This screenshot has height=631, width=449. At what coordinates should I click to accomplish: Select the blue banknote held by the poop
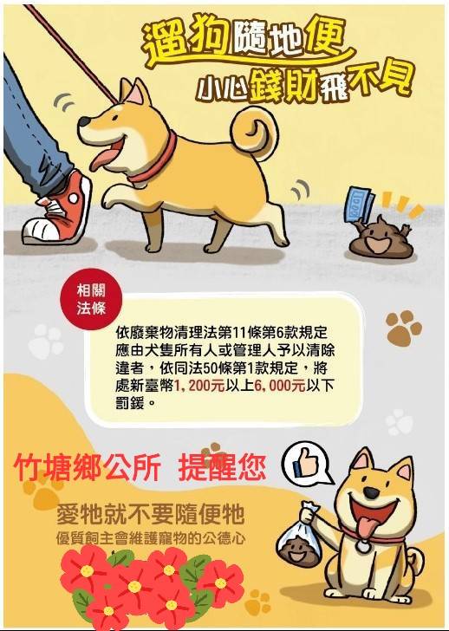(x=359, y=205)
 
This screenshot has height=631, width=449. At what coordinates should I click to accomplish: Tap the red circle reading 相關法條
(x=91, y=299)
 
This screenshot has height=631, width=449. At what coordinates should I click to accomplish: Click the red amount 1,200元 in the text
(x=199, y=386)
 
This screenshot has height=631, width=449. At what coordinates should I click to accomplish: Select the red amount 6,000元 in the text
(x=280, y=386)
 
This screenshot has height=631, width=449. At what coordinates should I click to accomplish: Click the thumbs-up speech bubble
(x=307, y=463)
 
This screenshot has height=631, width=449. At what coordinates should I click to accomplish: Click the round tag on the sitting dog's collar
(x=363, y=545)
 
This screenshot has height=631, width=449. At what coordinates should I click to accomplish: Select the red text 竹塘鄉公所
(x=88, y=468)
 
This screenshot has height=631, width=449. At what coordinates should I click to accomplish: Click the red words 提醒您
(x=222, y=468)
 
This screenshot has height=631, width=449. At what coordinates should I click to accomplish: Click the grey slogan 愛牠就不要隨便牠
(x=151, y=514)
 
